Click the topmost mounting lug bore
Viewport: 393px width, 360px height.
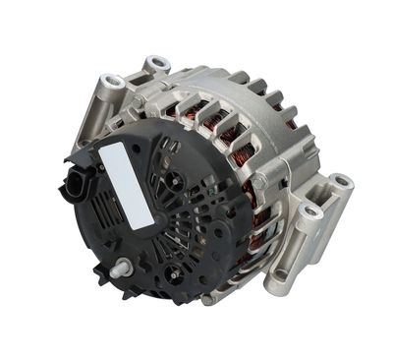click(x=154, y=65)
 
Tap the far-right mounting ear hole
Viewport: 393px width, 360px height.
click(x=340, y=182)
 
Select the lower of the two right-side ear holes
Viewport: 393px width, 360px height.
click(x=311, y=211)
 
